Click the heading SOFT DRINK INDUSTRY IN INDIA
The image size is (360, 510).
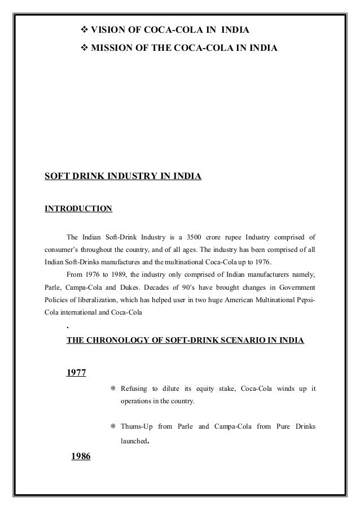(123, 177)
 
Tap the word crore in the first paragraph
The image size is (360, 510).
(233, 236)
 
